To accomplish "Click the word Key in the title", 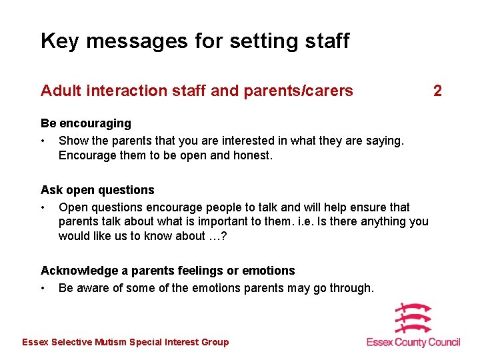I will (x=60, y=41).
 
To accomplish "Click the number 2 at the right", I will (x=437, y=91).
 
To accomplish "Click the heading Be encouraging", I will (x=86, y=123).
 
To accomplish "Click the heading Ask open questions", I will (x=97, y=190).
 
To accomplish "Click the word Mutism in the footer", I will (x=111, y=343).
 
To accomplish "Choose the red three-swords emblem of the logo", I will (x=413, y=319).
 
